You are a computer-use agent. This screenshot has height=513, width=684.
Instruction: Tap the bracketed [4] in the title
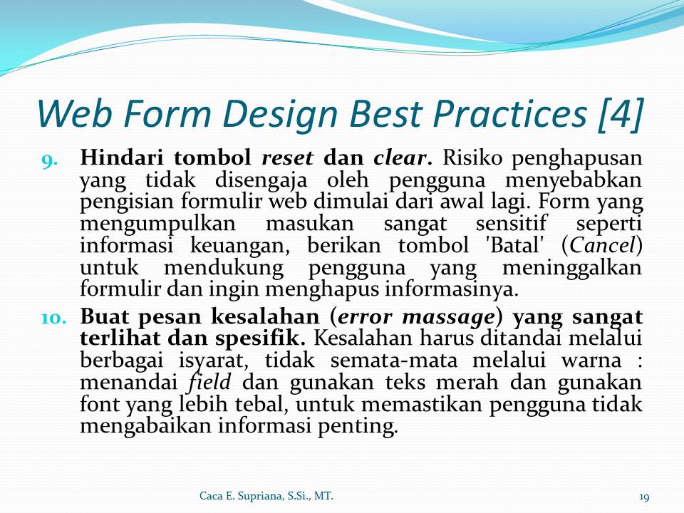click(x=620, y=114)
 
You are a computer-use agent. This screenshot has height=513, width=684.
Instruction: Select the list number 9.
click(x=49, y=161)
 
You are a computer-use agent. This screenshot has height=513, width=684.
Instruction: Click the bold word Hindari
click(x=122, y=157)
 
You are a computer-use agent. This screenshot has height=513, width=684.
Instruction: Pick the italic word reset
click(x=287, y=158)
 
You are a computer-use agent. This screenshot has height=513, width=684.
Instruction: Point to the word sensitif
click(x=511, y=223)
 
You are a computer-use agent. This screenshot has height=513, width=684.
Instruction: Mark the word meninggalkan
click(x=572, y=267)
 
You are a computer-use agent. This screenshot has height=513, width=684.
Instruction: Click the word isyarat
click(x=213, y=361)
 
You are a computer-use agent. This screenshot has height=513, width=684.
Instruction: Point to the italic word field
click(x=209, y=382)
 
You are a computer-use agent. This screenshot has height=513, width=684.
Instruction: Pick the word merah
click(x=467, y=382)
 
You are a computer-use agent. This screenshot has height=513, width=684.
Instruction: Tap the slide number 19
click(x=644, y=497)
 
